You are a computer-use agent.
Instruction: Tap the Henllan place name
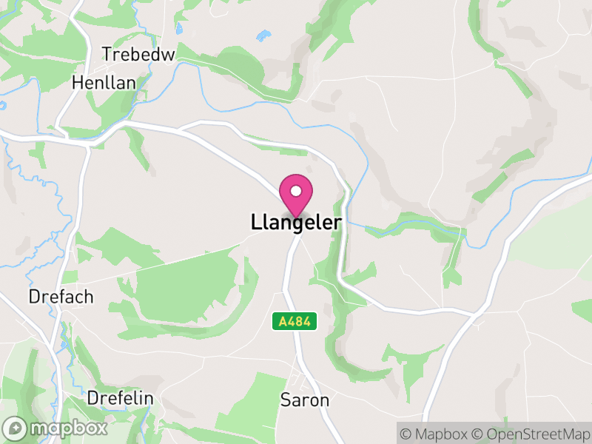[x=104, y=83]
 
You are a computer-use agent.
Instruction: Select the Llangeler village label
[x=296, y=223]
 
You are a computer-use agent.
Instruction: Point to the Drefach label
[x=61, y=297]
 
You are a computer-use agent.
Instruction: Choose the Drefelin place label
[x=120, y=398]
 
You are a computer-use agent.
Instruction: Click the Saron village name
[x=304, y=400]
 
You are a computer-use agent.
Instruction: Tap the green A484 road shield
[x=295, y=321]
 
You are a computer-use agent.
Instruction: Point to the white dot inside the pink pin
[x=296, y=190]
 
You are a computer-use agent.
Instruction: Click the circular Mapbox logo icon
[x=16, y=428]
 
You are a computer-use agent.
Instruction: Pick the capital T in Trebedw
[x=107, y=55]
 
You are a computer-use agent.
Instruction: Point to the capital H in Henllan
[x=77, y=83]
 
